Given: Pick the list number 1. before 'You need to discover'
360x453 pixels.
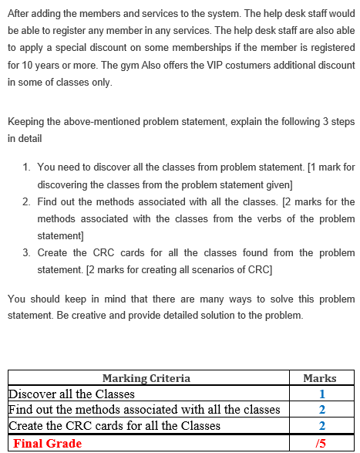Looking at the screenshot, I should click(x=27, y=167).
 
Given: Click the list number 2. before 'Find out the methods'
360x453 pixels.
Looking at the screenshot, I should click(x=27, y=201).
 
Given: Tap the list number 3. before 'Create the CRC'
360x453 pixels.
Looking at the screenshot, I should click(x=27, y=253).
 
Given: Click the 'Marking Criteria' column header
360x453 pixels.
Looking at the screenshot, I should click(x=146, y=378).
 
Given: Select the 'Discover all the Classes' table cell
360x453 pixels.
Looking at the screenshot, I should click(x=71, y=394).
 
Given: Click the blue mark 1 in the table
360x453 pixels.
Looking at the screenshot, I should click(x=320, y=394).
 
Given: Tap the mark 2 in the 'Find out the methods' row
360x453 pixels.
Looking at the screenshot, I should click(x=320, y=409).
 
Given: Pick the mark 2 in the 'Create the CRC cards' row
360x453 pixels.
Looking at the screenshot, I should click(x=320, y=425).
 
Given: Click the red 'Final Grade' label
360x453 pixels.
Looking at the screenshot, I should click(x=48, y=443).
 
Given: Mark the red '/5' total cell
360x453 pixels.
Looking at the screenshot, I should click(x=320, y=443).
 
